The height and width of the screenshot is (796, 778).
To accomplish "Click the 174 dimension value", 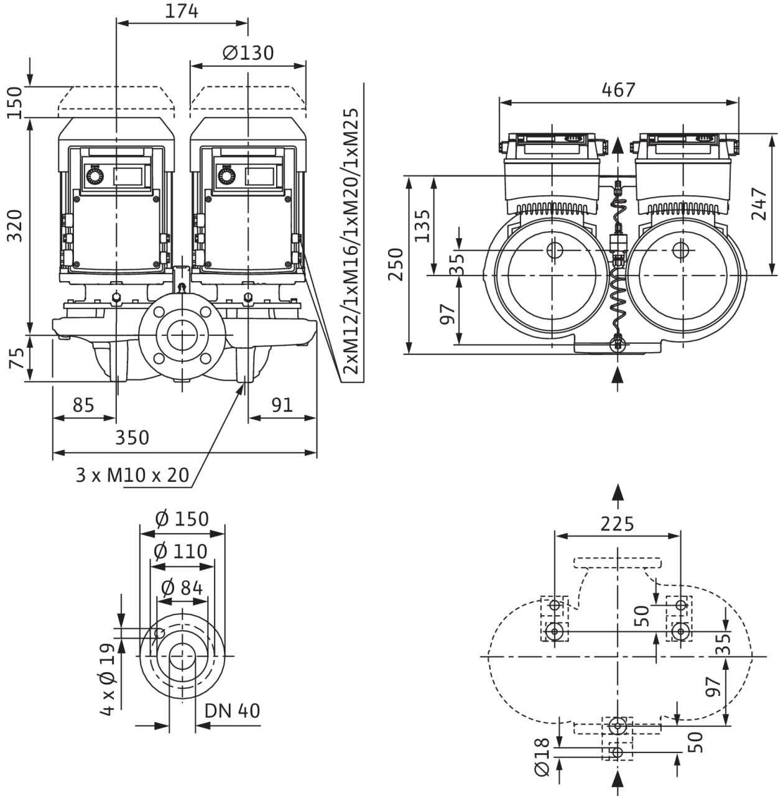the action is click(x=182, y=11).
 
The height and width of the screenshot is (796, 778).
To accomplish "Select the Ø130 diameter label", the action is click(x=248, y=53).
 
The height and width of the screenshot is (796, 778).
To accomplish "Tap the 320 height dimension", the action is click(x=15, y=225).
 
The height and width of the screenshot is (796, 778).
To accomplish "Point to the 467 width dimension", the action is click(x=618, y=90).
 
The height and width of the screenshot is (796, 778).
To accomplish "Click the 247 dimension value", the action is click(x=759, y=203).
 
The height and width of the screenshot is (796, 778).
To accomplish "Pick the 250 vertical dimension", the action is click(x=396, y=264).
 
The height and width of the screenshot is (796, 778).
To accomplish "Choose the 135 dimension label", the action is click(x=422, y=226).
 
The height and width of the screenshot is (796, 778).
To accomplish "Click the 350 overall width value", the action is click(x=132, y=438).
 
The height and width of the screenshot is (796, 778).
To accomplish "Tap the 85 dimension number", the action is click(x=83, y=405).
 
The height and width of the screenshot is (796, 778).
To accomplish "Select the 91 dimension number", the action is click(x=282, y=405).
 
